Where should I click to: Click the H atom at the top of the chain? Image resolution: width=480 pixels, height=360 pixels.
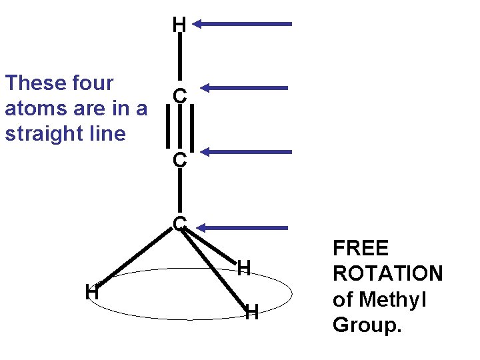tap(179, 25)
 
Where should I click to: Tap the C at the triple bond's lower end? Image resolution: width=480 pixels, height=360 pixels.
tap(179, 161)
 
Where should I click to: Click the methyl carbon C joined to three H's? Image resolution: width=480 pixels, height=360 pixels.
tap(179, 223)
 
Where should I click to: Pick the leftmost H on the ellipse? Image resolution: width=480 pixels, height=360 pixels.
tap(92, 292)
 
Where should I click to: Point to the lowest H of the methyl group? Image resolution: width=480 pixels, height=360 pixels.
tap(251, 312)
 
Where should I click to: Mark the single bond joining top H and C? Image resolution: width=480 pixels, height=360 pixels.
tap(179, 59)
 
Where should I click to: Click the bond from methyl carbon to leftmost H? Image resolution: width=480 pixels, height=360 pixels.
tap(137, 257)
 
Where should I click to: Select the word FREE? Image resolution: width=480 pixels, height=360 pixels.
tap(360, 249)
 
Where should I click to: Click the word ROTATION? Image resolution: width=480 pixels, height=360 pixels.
tap(387, 274)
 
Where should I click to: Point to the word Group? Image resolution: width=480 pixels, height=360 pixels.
tap(367, 325)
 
